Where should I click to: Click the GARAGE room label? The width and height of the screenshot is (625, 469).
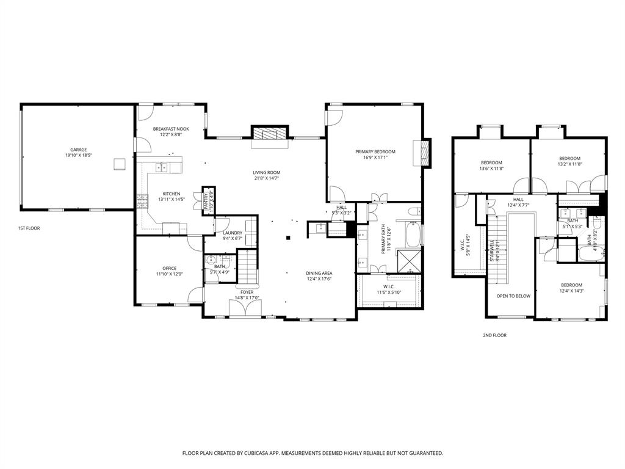coord(78,150)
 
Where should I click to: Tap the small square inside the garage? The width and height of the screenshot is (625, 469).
coord(118,164)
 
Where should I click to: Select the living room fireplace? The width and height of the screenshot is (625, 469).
coord(269,134)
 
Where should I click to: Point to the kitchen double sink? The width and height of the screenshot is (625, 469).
coord(160,167)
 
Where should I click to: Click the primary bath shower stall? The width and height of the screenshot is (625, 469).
coord(408,261)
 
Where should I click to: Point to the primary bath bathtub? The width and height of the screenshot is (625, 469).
coord(414,236)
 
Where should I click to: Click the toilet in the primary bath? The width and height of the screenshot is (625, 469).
coord(413,213)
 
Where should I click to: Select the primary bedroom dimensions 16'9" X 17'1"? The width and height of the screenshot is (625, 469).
coord(375,158)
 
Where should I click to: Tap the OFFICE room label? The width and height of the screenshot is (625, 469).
coord(169,268)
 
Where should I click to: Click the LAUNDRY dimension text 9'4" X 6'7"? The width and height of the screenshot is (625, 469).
coord(233,239)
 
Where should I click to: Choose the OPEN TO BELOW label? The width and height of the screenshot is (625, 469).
coord(513,296)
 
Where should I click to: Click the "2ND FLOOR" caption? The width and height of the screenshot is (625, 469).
coord(494,335)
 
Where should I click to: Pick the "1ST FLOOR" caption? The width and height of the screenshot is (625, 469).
coord(29,228)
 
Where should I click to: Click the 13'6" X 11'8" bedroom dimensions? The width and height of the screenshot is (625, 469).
coord(491,169)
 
